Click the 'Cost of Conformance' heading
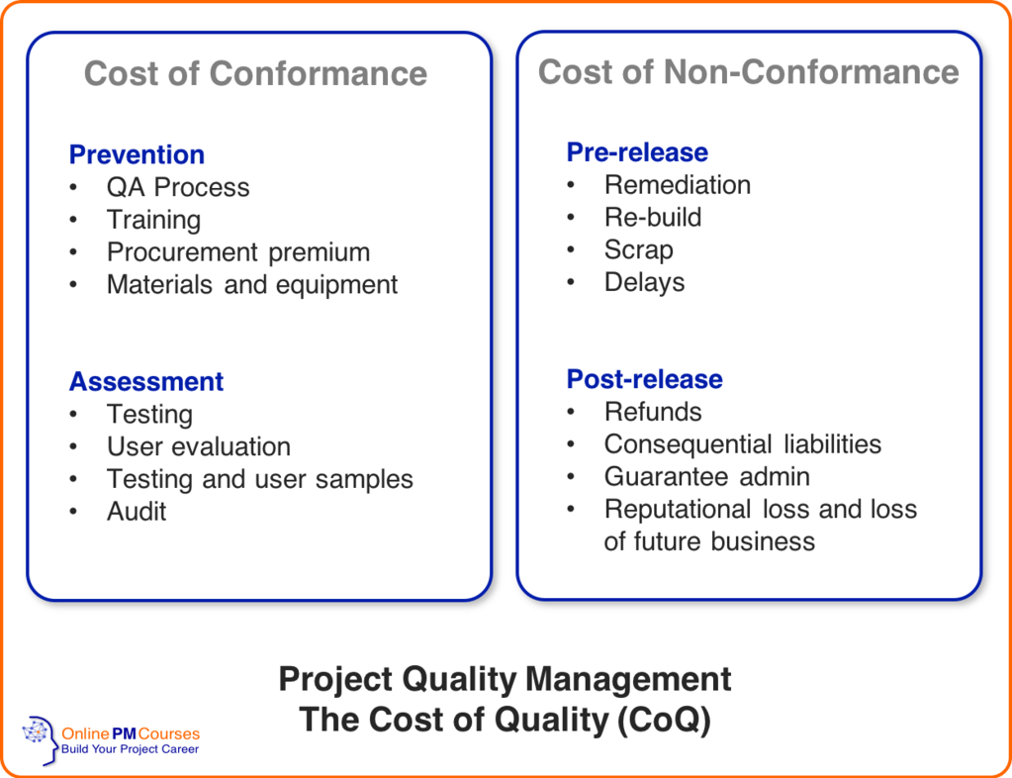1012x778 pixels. pos(255,73)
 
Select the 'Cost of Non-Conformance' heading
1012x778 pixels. pos(748,71)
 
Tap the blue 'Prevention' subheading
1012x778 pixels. pos(137,154)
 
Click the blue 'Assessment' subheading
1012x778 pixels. pos(146,381)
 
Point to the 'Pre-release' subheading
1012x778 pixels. pos(637,152)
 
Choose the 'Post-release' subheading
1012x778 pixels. pos(644,379)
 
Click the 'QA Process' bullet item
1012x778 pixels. pos(178,187)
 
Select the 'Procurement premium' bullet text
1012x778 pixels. pos(237,252)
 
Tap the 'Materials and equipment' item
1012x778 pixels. pos(251,285)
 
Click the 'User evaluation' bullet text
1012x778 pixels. pos(198,446)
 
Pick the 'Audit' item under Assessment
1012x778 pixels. pos(137,512)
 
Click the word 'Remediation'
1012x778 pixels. pos(677,185)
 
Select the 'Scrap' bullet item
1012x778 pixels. pos(638,249)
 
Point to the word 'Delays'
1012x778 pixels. pos(644,282)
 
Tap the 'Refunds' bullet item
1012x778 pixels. pos(652,412)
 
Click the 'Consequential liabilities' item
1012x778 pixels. pos(742,444)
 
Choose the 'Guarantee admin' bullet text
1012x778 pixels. pos(706,477)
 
